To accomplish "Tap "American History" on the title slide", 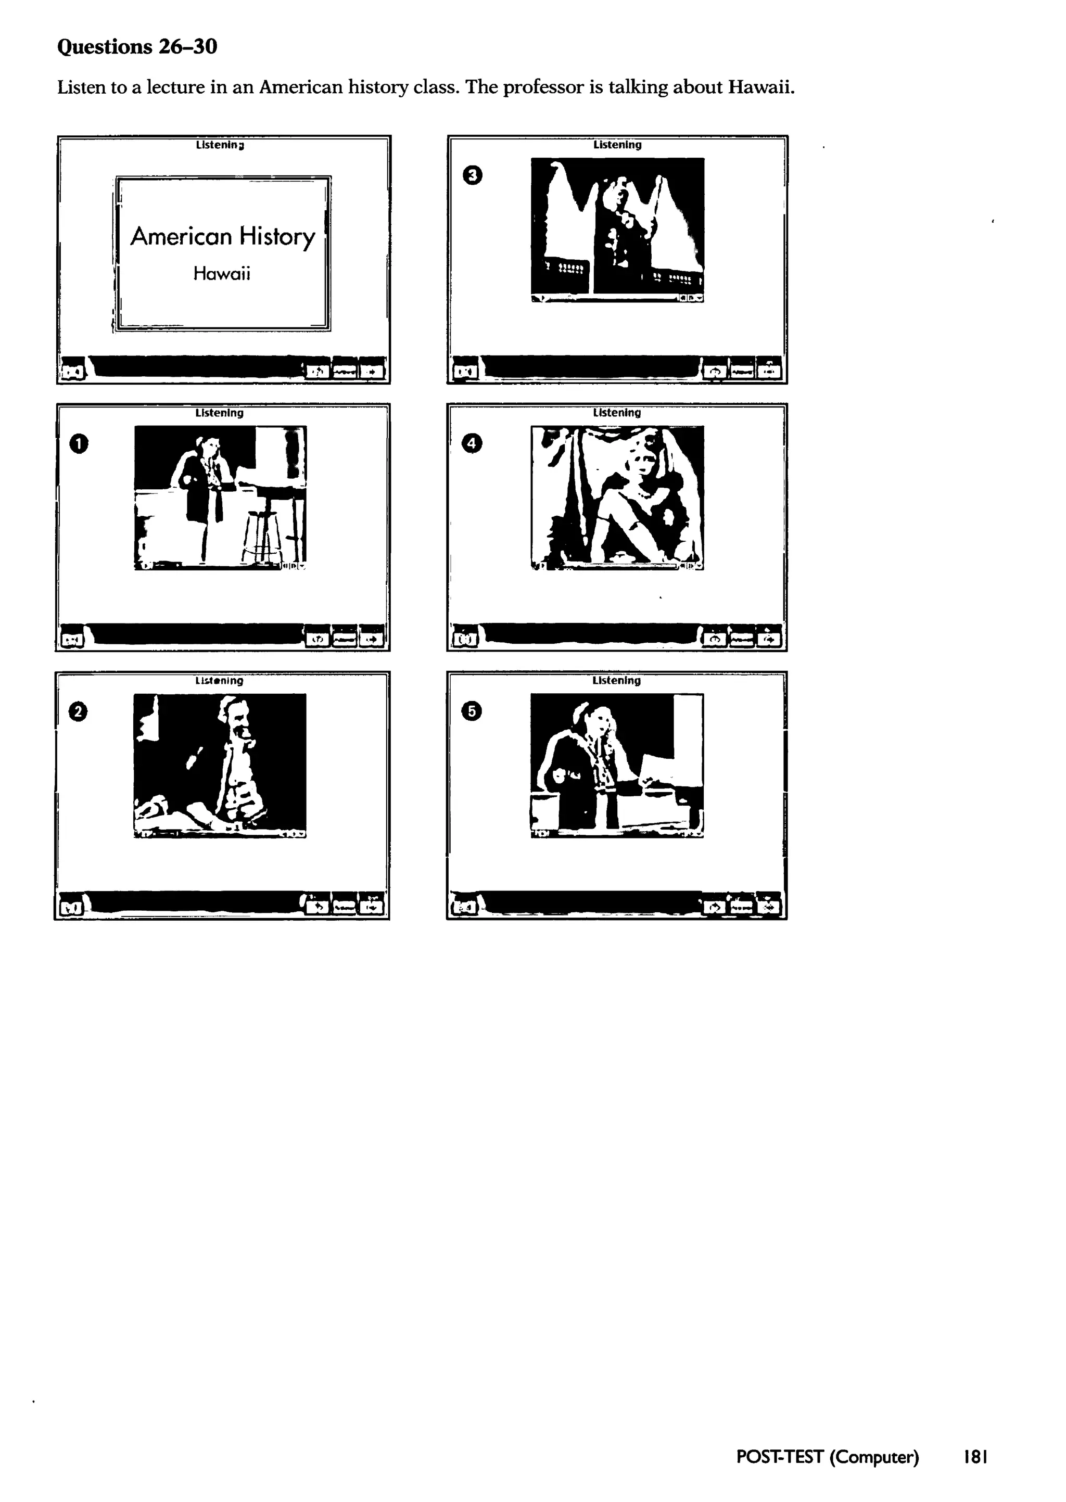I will (x=223, y=236).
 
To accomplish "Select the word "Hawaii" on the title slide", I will (x=222, y=274).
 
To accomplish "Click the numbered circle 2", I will (x=78, y=712).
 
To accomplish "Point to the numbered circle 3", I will (x=473, y=175).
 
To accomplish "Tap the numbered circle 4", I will (x=472, y=444).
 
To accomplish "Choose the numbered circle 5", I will (x=472, y=711).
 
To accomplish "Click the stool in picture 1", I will (x=262, y=535).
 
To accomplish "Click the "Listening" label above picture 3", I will (x=617, y=144).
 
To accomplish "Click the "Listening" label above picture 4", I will (x=616, y=413).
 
